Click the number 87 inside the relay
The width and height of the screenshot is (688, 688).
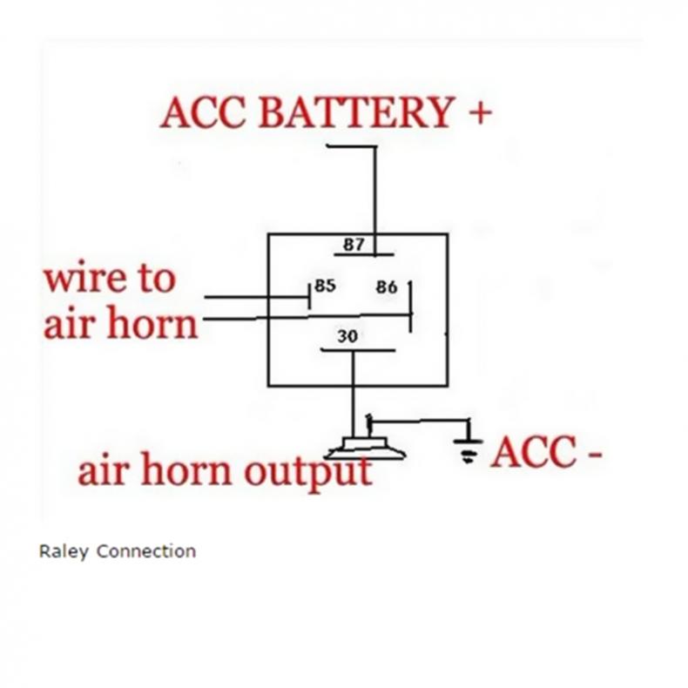coord(354,244)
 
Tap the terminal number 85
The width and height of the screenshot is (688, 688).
coord(325,285)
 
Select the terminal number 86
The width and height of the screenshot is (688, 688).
coord(387,286)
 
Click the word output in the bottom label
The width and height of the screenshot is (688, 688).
coord(307,471)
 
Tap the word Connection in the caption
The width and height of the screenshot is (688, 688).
coord(145,551)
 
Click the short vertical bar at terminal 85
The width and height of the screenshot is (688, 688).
coord(309,295)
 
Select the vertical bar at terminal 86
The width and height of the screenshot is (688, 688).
coord(410,305)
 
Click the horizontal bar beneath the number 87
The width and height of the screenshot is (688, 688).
coord(364,256)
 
